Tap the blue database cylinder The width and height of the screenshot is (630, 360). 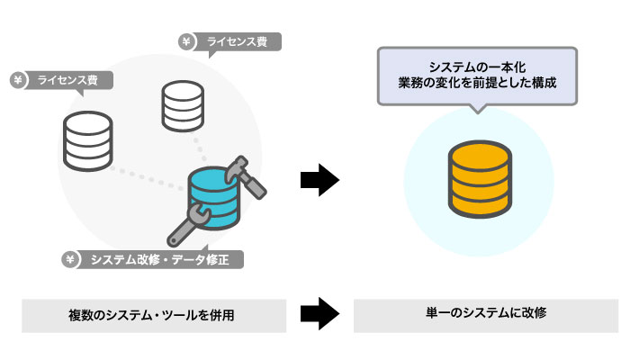pos(216,196)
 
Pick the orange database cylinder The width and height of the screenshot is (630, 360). pos(479,180)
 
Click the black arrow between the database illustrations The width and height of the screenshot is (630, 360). pos(319,180)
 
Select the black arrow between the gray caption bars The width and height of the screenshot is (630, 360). pos(319,314)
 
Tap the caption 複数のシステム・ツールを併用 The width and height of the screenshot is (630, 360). pos(154,315)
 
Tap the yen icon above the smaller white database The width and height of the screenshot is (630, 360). pos(184,41)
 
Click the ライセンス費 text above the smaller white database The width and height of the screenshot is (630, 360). pos(237,41)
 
